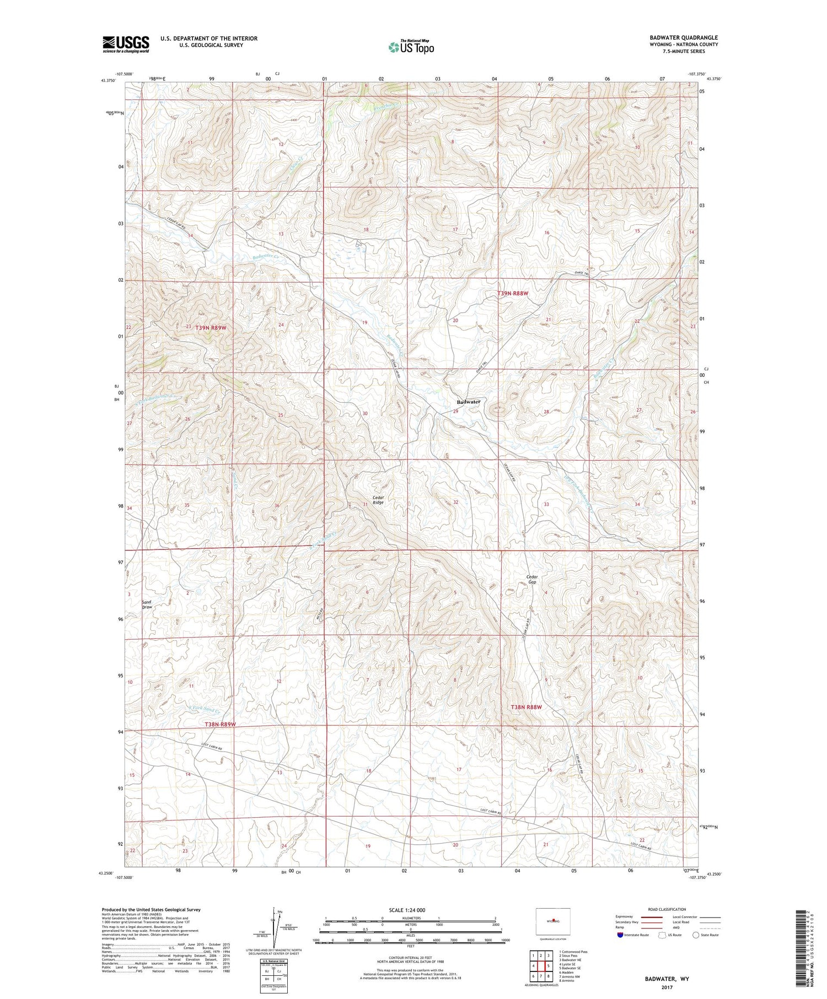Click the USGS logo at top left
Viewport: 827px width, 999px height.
tap(126, 44)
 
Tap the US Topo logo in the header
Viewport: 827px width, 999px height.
tap(411, 47)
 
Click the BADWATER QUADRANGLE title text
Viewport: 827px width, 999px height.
tap(683, 37)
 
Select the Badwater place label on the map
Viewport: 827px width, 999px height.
tap(468, 402)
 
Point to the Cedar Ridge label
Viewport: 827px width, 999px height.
tap(378, 500)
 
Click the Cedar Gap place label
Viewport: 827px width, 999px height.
tap(531, 579)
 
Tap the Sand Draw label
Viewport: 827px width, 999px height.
tap(147, 604)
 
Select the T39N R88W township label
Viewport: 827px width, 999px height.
tap(513, 294)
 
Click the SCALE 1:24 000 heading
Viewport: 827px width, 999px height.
tap(407, 910)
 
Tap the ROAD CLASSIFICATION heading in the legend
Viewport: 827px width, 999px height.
tap(667, 909)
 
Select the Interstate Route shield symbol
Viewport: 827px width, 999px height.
tap(620, 935)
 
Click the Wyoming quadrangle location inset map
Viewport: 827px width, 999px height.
tap(552, 922)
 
